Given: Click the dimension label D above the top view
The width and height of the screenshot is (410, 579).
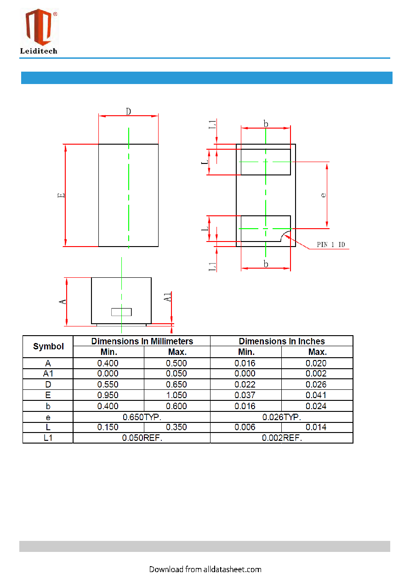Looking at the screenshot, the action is click(x=128, y=112).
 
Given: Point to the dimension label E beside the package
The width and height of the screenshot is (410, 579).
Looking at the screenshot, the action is click(x=61, y=195).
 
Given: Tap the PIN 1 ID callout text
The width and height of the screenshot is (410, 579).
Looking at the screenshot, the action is click(x=331, y=245).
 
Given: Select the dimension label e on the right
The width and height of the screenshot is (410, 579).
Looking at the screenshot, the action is click(x=323, y=195).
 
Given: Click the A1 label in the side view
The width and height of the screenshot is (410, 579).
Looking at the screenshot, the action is click(x=167, y=297).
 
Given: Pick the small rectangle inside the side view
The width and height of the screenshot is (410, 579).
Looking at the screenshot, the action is click(x=121, y=312).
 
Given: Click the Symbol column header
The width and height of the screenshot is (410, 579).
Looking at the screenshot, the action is click(x=48, y=346).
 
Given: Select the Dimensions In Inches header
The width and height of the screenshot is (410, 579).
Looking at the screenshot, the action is click(x=282, y=341).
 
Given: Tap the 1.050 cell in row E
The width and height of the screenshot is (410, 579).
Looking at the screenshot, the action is click(x=177, y=395).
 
